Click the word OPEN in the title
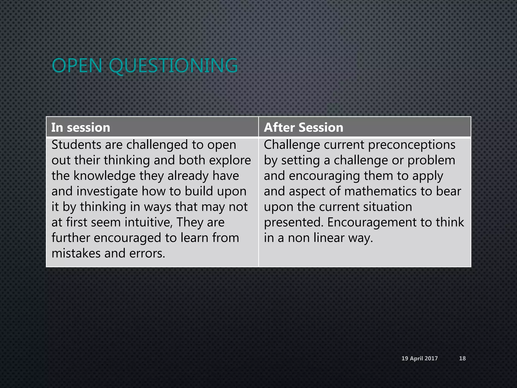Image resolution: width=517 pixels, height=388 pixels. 77,66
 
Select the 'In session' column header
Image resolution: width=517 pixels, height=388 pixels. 81,127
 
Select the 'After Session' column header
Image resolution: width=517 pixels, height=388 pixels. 303,127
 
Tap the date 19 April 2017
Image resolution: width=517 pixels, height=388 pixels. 420,358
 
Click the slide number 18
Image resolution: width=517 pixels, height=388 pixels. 462,358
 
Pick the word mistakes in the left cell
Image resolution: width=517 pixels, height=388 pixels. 76,253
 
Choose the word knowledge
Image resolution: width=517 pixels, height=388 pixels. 104,176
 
